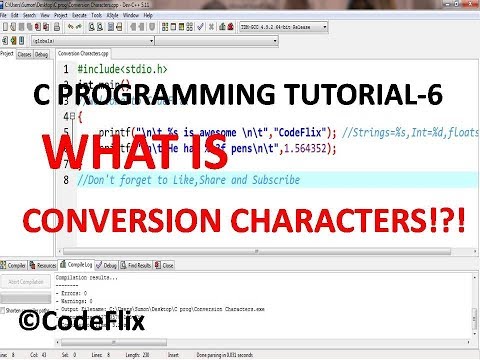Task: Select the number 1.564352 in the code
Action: pos(306,146)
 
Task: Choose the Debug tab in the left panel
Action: pos(42,54)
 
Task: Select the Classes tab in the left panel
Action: pos(24,54)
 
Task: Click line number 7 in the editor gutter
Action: pos(65,180)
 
